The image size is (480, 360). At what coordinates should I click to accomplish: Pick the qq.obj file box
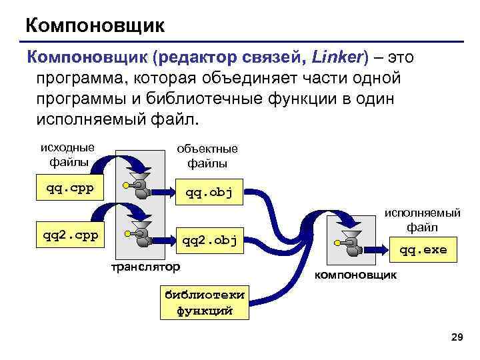coord(209,193)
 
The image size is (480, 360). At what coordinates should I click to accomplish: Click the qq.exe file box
coord(423,250)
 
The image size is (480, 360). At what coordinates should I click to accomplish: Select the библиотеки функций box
coord(204,302)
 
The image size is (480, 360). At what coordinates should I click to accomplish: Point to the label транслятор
coord(145,267)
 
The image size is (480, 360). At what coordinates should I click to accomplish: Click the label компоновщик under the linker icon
coord(355,275)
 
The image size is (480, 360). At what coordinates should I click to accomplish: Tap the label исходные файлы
coord(67,154)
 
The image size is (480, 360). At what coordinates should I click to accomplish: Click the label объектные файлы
coord(207,156)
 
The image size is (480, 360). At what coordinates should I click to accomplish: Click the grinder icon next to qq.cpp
coord(140,185)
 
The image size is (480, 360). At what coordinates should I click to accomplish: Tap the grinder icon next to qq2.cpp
coord(140,232)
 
